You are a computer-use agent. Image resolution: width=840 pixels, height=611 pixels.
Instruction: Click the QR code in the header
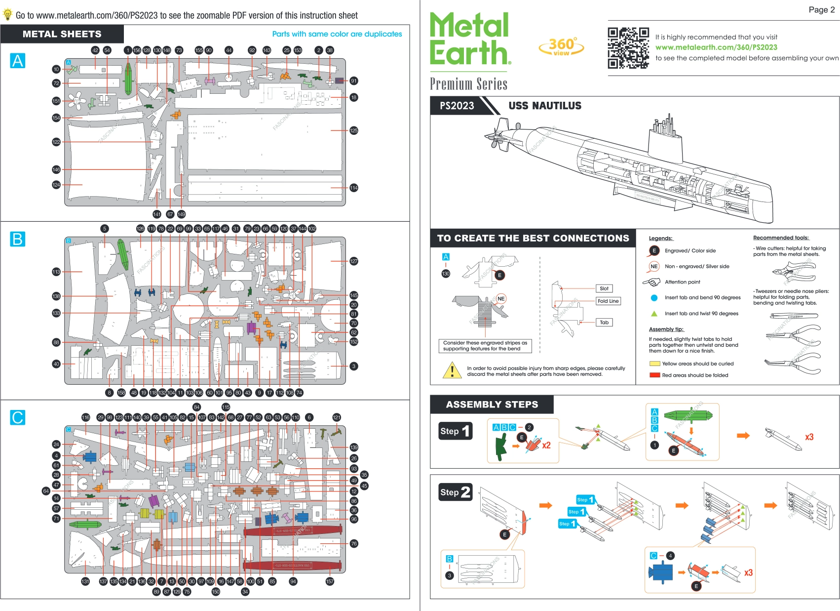click(628, 47)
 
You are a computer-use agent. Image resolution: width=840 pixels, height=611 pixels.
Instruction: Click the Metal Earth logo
click(469, 40)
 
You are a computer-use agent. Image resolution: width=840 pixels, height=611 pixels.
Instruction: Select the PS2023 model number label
click(457, 106)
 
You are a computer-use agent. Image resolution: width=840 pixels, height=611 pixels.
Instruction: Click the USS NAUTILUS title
click(545, 106)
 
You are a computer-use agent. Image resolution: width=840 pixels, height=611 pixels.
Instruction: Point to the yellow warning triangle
click(452, 370)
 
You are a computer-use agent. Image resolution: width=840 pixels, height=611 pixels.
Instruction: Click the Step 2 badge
click(455, 492)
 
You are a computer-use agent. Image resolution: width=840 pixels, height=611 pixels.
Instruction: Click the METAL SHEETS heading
click(62, 34)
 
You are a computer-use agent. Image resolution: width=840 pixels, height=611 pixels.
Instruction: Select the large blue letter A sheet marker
click(18, 61)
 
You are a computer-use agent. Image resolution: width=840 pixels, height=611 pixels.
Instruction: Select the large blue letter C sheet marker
click(18, 417)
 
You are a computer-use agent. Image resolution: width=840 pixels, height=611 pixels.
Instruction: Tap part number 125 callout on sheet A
click(353, 130)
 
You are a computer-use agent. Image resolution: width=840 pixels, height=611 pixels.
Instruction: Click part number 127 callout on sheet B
click(353, 261)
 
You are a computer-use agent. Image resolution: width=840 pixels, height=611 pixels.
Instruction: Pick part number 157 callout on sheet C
click(330, 581)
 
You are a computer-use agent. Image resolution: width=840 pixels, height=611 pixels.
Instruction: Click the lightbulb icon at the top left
click(7, 15)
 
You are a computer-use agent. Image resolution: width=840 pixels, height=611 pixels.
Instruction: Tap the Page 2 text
click(821, 10)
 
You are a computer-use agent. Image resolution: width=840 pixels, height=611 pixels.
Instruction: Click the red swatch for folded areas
click(654, 375)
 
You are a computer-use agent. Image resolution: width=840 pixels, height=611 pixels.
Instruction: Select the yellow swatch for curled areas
click(654, 364)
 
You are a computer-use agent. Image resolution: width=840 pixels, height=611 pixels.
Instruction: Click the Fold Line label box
click(608, 301)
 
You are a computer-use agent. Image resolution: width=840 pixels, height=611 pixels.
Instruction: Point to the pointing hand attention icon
click(651, 282)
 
